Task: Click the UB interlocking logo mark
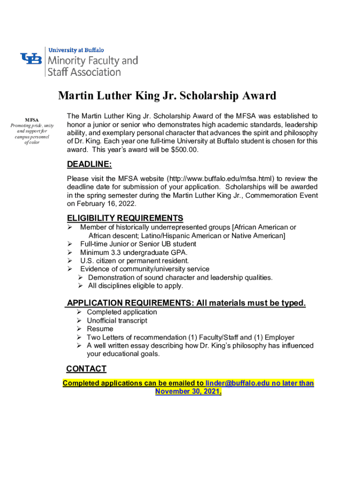(x=31, y=59)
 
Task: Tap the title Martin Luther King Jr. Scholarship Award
(x=167, y=96)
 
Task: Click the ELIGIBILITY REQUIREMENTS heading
(x=125, y=218)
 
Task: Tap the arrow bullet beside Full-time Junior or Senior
(x=70, y=244)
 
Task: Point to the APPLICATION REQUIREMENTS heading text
(x=129, y=303)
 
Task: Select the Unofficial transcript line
(x=117, y=320)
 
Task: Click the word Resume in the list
(x=100, y=329)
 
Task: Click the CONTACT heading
(x=86, y=369)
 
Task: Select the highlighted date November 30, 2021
(x=187, y=392)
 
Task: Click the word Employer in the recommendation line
(x=278, y=337)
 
